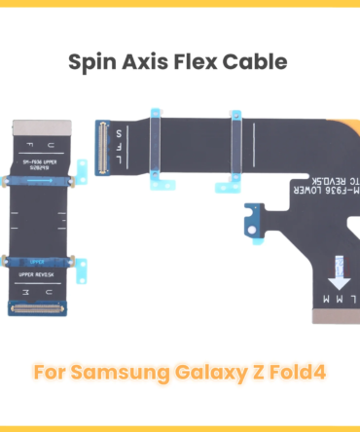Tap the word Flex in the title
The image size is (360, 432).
pyautogui.click(x=201, y=63)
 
